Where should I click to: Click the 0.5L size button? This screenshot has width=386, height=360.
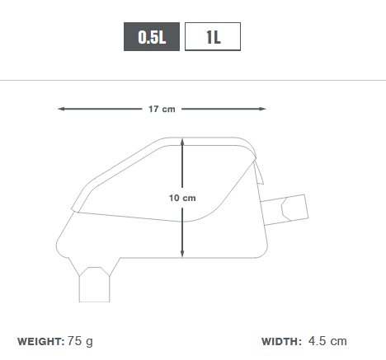pyautogui.click(x=152, y=36)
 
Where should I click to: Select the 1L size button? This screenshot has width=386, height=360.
pyautogui.click(x=213, y=36)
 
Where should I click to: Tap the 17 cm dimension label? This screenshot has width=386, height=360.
pyautogui.click(x=162, y=109)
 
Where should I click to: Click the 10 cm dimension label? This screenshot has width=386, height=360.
pyautogui.click(x=182, y=198)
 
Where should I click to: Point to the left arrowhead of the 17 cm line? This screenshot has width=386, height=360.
pyautogui.click(x=61, y=109)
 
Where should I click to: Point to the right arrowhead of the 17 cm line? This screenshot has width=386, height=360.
pyautogui.click(x=262, y=109)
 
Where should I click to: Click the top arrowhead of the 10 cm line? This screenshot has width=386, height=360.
pyautogui.click(x=182, y=143)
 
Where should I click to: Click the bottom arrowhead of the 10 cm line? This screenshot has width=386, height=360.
pyautogui.click(x=182, y=254)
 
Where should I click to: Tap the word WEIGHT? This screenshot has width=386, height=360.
pyautogui.click(x=40, y=342)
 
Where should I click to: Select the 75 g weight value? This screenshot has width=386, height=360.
pyautogui.click(x=80, y=342)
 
